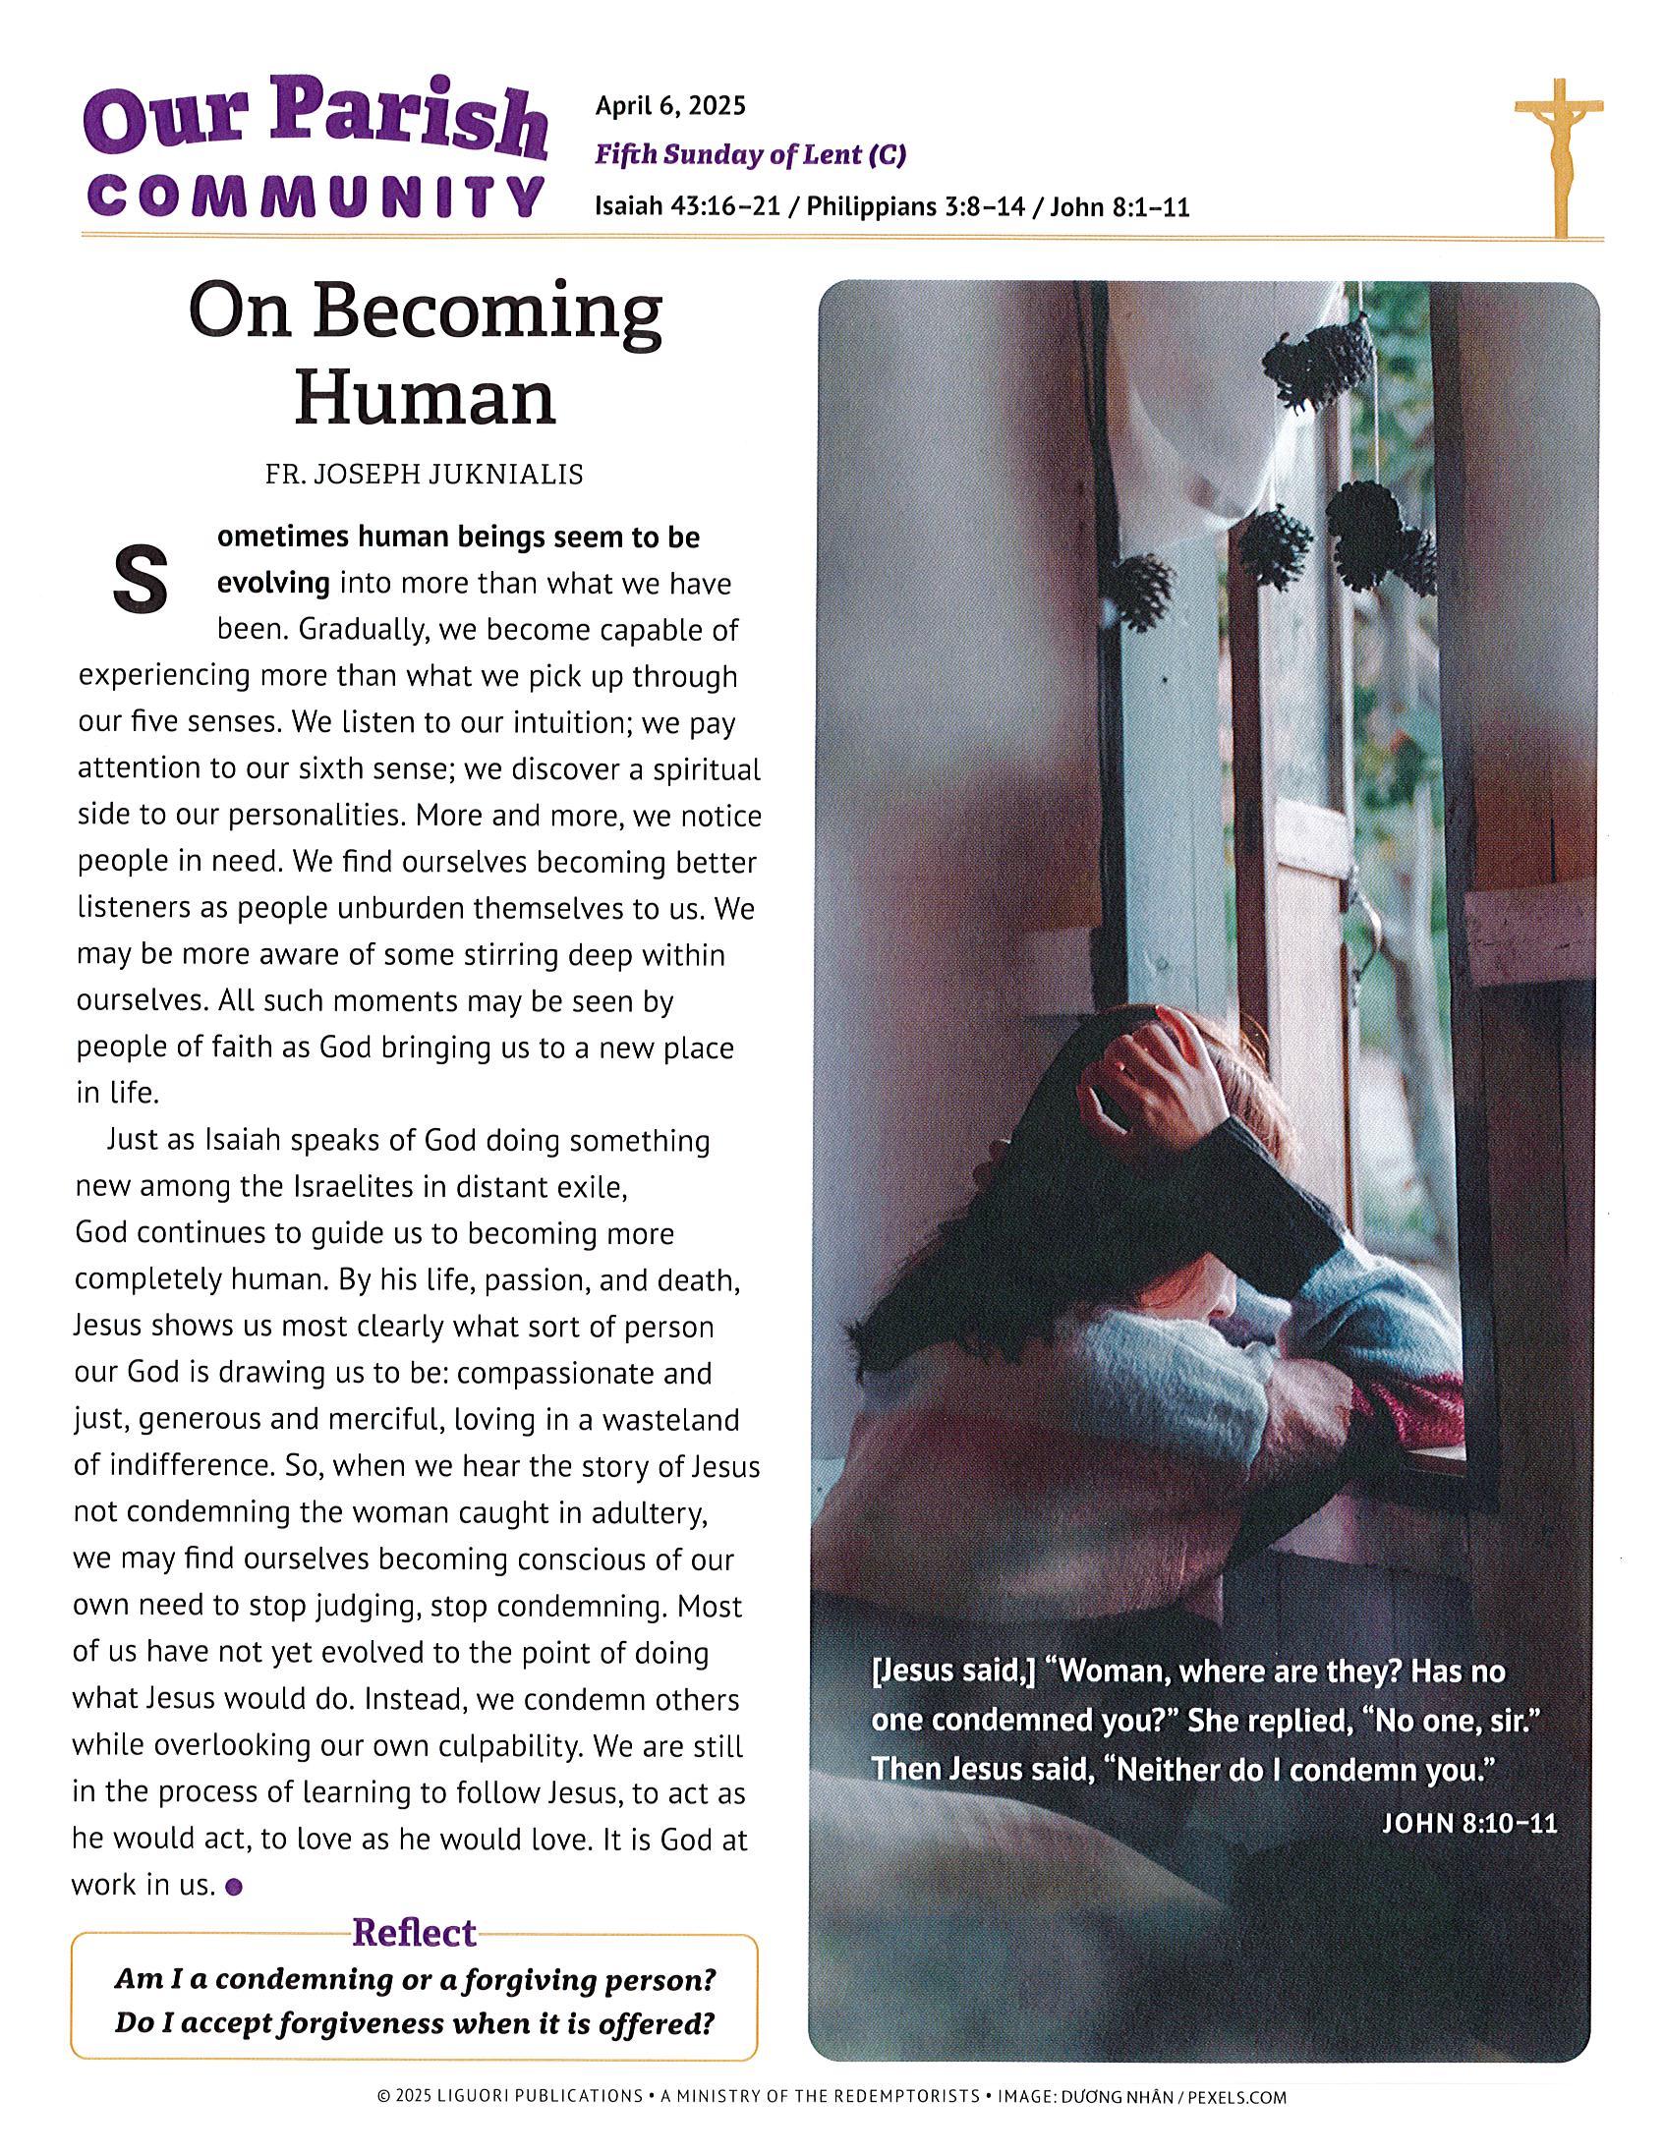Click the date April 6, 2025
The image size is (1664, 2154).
pos(669,105)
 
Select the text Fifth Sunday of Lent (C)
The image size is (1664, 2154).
pos(750,155)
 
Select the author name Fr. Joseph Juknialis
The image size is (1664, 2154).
pos(425,476)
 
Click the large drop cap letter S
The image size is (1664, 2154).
pos(141,579)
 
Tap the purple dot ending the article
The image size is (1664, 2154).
pos(234,1888)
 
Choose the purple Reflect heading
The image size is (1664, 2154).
pos(414,1933)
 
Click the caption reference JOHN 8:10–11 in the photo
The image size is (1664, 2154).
pos(1468,1823)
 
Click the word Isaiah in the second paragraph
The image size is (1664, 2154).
pos(242,1141)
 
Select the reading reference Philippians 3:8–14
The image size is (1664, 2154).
pos(927,207)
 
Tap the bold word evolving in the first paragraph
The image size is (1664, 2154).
pos(273,584)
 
